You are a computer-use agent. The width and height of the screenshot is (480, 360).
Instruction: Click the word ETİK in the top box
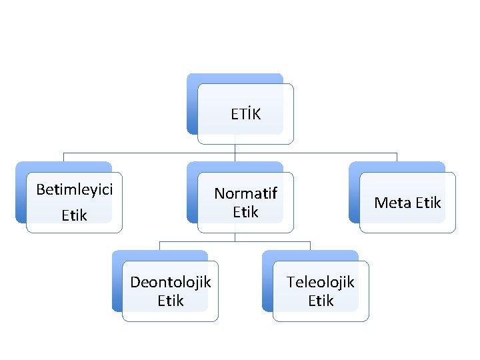(x=245, y=114)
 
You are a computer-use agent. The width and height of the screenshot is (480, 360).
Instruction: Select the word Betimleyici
(x=74, y=189)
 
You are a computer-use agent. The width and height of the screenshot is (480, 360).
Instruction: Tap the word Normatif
(x=245, y=193)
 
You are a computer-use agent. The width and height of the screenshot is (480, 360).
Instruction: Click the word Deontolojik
(x=170, y=282)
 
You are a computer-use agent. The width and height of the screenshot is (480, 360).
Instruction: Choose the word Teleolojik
(x=321, y=282)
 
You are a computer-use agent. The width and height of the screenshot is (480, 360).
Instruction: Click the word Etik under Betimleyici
(x=74, y=215)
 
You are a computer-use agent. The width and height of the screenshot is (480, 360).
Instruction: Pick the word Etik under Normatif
(x=245, y=212)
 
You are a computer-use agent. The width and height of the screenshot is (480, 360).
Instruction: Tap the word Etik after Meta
(x=426, y=203)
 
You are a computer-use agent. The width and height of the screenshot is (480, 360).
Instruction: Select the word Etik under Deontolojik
(x=170, y=301)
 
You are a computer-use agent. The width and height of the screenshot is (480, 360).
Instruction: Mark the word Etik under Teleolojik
(x=321, y=301)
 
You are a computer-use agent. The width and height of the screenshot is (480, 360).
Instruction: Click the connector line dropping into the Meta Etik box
(x=397, y=157)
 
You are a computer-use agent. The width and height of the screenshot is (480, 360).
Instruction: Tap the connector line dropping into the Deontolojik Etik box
(x=160, y=245)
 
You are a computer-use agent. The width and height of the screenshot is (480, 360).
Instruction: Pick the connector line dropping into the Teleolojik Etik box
(x=310, y=245)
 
